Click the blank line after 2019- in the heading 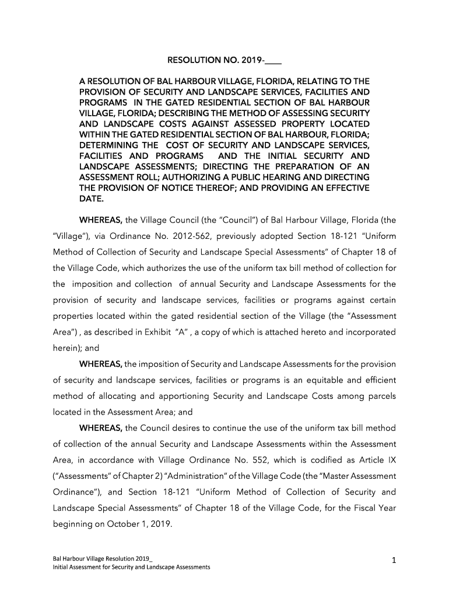click(x=273, y=60)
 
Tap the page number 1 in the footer click(x=394, y=561)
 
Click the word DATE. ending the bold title click(x=92, y=199)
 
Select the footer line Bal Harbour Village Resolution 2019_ click(x=103, y=558)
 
